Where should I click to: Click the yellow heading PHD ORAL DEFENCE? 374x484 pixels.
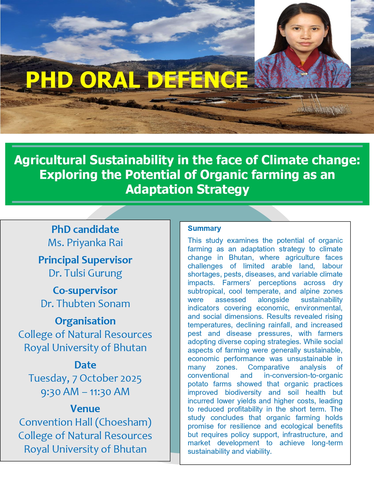[137, 80]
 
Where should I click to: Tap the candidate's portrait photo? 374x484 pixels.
[302, 44]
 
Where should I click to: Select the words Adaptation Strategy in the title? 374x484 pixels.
[187, 189]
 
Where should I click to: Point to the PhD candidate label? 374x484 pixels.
[85, 229]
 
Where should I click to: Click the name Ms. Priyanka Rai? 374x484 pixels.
[85, 243]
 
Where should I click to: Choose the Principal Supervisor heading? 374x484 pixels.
[85, 260]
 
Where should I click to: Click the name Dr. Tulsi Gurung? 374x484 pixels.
[85, 273]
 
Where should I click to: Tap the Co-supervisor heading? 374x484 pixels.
[85, 290]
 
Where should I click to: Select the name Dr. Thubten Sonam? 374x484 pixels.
[85, 304]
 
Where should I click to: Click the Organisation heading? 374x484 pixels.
[85, 321]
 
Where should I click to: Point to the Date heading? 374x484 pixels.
[85, 365]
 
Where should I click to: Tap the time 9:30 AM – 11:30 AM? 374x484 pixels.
[85, 392]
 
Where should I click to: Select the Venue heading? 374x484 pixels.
[85, 409]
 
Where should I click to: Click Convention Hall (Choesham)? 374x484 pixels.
[85, 422]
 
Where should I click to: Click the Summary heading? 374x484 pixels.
[204, 228]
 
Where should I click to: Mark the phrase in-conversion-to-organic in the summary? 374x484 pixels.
[303, 375]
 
